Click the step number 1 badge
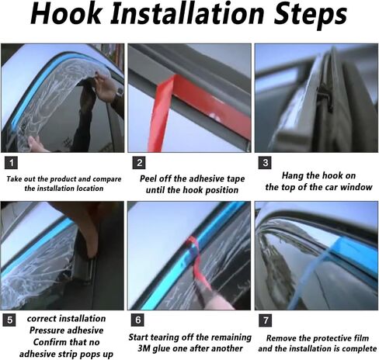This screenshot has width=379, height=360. (x=11, y=163)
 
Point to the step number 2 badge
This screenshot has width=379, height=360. (x=139, y=163)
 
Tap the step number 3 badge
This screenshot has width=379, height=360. (x=265, y=163)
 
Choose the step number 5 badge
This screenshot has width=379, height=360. (x=9, y=320)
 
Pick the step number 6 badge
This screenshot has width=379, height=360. (x=137, y=320)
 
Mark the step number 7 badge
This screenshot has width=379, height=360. (x=266, y=320)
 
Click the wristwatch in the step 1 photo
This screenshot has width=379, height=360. (x=120, y=92)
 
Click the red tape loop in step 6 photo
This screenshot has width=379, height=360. (x=196, y=261)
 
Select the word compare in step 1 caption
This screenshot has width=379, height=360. (x=107, y=179)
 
